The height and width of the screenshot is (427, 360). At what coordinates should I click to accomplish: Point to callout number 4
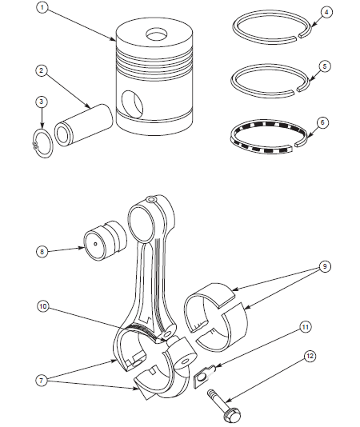pos(326,12)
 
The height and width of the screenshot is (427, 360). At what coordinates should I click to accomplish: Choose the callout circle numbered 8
pos(42,250)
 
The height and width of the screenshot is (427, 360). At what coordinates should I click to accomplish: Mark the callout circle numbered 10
pos(42,305)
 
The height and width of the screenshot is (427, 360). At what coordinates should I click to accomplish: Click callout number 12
pos(309,357)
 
